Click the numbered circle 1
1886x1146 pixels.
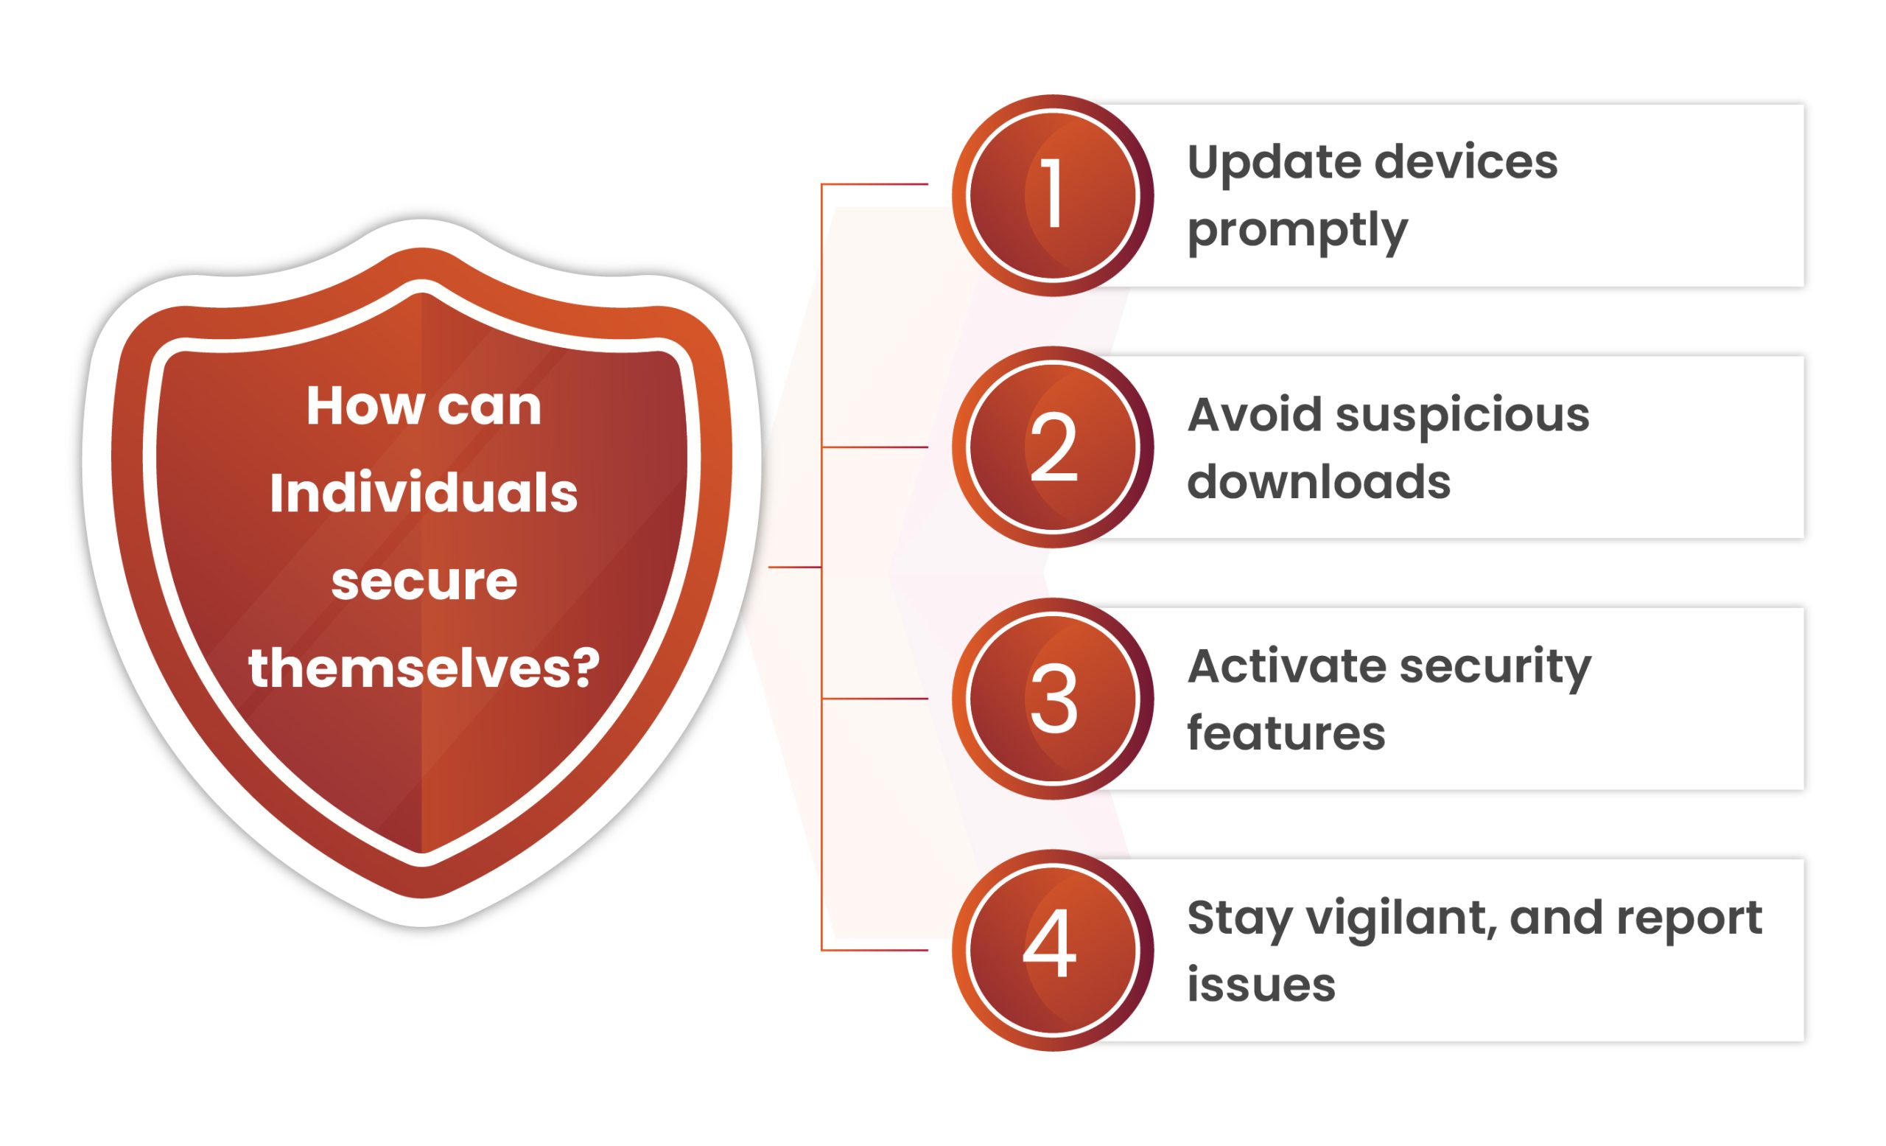(x=1053, y=195)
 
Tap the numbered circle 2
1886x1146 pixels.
(x=1053, y=447)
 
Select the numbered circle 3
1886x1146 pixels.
(x=1053, y=699)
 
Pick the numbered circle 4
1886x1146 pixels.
(x=1053, y=950)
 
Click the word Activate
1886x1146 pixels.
(x=1286, y=666)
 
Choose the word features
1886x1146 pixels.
(x=1286, y=733)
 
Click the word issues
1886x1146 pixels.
(x=1261, y=985)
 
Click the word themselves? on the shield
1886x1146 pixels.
(x=424, y=668)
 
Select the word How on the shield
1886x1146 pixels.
(x=365, y=406)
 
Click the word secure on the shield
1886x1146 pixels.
(x=424, y=581)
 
